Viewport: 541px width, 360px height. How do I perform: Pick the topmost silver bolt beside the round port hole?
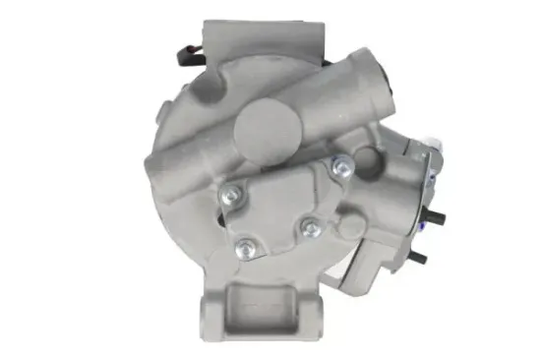pyautogui.click(x=341, y=167)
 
